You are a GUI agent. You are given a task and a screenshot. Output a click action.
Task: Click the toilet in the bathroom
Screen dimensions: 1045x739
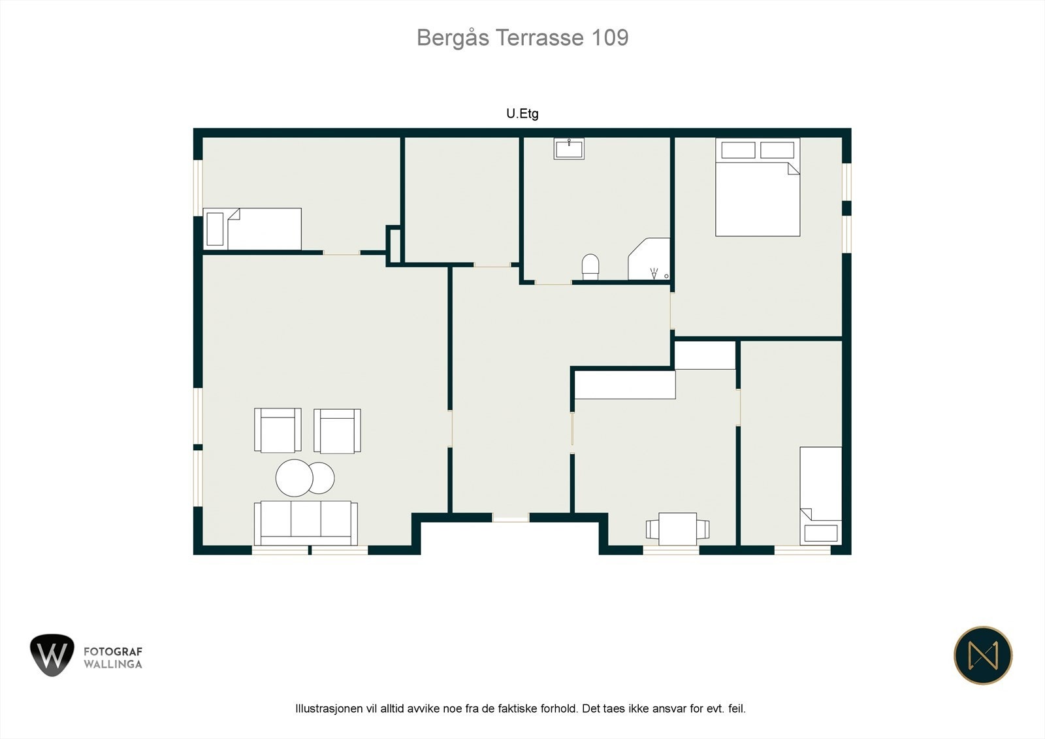click(x=590, y=267)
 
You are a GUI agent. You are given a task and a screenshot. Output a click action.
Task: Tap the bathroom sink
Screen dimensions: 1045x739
click(x=569, y=148)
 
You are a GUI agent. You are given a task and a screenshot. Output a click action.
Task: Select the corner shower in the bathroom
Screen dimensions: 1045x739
click(x=649, y=259)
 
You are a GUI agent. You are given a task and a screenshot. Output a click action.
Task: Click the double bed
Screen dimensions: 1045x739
click(x=758, y=187)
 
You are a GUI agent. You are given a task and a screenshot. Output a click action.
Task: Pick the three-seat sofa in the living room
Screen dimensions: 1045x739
click(x=306, y=523)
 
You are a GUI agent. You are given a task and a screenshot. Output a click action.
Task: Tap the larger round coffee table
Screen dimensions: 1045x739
click(x=294, y=478)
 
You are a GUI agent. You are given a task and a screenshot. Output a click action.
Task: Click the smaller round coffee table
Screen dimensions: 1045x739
click(x=322, y=478)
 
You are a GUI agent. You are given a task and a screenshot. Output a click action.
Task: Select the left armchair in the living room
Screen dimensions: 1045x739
click(x=278, y=430)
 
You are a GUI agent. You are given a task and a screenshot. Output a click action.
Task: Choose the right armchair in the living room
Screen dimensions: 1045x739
click(x=337, y=431)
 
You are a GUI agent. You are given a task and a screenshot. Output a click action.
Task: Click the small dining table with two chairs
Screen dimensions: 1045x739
click(x=677, y=529)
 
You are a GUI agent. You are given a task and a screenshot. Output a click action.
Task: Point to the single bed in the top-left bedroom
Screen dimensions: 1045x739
click(x=252, y=229)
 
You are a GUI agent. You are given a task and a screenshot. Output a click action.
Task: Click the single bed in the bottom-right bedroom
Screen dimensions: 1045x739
click(x=821, y=496)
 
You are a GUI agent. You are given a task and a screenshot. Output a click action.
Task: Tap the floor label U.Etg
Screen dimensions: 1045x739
click(x=522, y=114)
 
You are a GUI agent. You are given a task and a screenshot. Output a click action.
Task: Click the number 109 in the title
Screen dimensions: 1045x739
click(x=610, y=38)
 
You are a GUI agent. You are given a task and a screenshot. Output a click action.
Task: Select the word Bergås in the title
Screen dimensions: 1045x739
click(x=453, y=38)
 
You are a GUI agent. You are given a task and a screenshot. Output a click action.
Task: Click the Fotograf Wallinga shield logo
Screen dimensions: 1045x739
click(x=52, y=655)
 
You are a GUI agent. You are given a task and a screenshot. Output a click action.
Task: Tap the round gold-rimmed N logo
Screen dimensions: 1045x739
click(x=983, y=655)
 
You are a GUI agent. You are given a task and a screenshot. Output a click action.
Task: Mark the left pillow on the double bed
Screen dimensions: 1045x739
click(x=738, y=150)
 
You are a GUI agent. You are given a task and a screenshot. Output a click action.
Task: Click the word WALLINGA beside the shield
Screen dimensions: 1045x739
click(x=113, y=665)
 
